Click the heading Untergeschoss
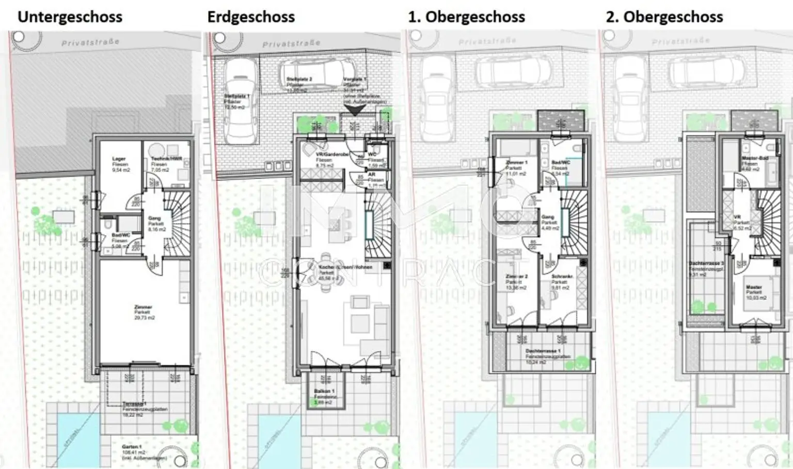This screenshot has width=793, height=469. [70, 17]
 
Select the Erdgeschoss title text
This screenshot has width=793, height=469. [251, 17]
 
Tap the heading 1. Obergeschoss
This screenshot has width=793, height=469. [466, 17]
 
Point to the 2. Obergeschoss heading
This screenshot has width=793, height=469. [664, 17]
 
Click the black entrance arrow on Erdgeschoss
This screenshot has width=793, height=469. [355, 109]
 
